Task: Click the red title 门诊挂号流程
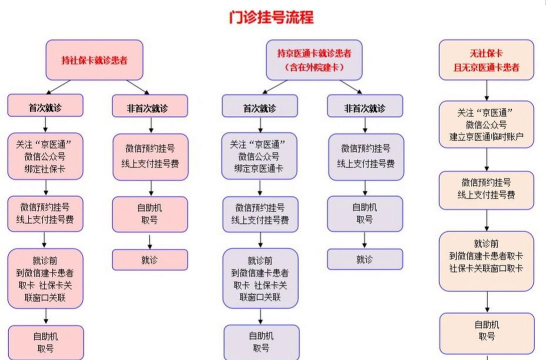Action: tap(272, 17)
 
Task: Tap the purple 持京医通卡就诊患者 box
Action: tap(314, 58)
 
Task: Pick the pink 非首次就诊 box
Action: tap(149, 106)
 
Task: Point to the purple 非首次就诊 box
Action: tap(365, 106)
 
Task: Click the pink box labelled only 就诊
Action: tap(149, 259)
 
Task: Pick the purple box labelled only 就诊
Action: tap(365, 259)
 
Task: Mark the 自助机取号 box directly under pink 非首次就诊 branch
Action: tap(149, 214)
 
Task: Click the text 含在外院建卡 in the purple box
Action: tap(314, 67)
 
